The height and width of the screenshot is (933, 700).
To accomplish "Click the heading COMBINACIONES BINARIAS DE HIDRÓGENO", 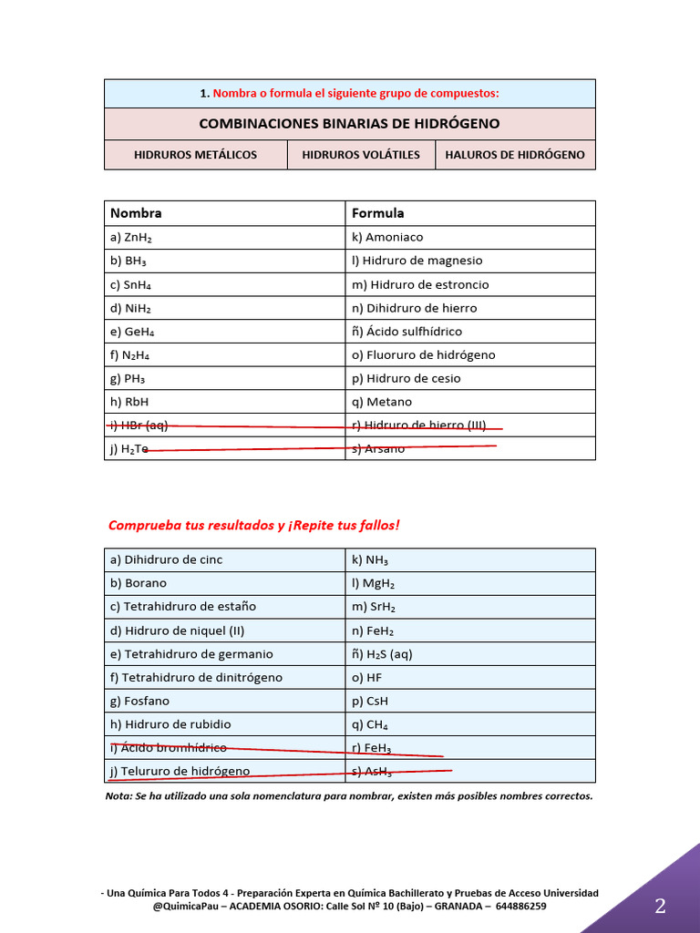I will (x=350, y=123).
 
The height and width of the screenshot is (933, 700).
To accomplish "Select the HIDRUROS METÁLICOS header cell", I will (x=195, y=155).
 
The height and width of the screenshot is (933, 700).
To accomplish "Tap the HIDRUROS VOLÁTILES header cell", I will (x=361, y=155).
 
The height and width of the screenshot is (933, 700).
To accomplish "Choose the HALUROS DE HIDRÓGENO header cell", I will (x=515, y=155).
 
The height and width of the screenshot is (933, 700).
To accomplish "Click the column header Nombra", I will (x=136, y=213).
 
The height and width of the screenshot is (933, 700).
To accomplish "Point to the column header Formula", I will (x=377, y=213).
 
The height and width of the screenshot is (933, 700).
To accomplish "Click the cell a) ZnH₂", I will (x=131, y=237).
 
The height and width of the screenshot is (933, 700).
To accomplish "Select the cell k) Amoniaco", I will (x=387, y=237).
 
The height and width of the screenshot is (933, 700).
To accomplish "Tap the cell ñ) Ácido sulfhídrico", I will (x=407, y=332).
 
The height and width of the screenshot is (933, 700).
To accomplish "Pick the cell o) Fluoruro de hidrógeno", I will (x=423, y=354).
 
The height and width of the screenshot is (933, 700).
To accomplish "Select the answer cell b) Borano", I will (x=139, y=583).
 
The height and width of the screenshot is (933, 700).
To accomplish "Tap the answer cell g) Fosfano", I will (x=139, y=701).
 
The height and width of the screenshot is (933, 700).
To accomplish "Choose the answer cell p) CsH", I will (x=370, y=701).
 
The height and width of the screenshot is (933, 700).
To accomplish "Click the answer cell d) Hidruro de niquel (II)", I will (x=177, y=631).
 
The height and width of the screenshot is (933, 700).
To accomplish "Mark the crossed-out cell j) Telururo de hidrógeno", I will (x=180, y=771).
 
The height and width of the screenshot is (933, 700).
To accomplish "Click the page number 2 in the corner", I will (x=660, y=906).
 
